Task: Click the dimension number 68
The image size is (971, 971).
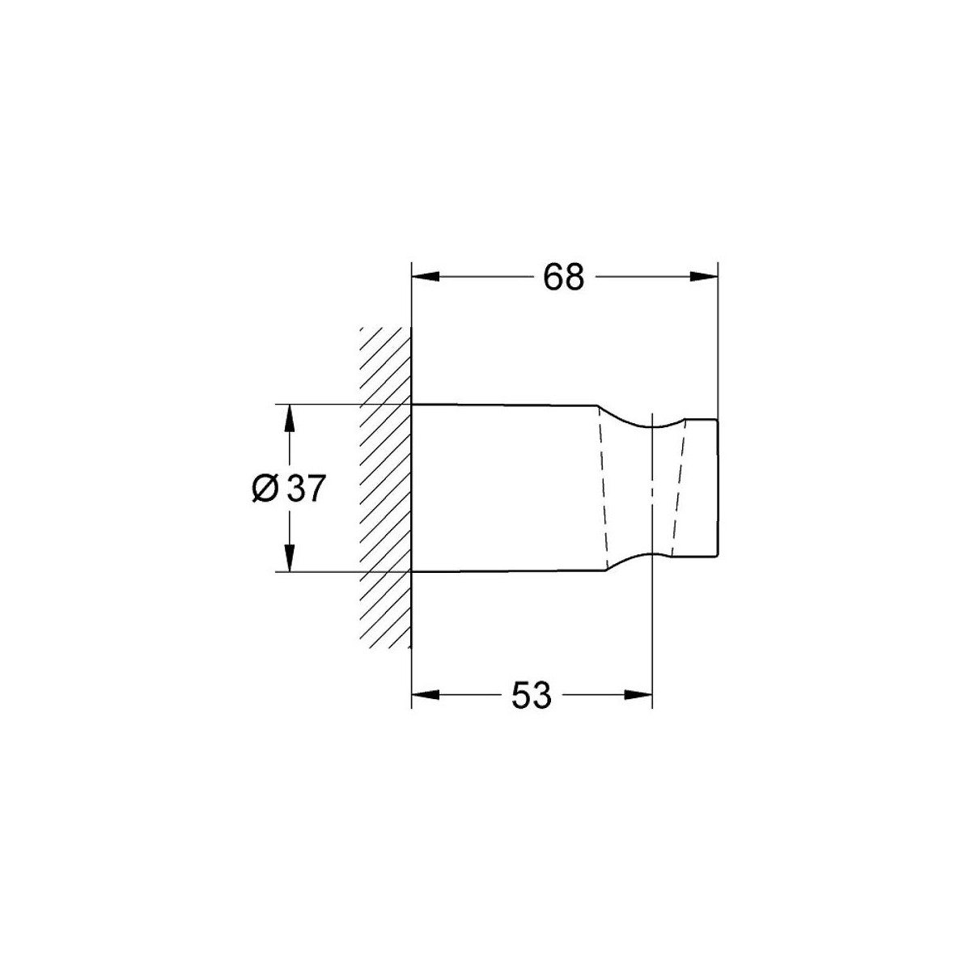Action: coord(563,278)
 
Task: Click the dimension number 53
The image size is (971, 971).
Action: coord(531,695)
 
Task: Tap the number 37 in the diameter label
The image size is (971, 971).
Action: coord(304,488)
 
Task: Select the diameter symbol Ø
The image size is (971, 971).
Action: coord(265,488)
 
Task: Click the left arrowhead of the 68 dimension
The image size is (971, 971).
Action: coord(426,277)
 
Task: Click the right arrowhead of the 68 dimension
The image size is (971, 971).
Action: coord(703,277)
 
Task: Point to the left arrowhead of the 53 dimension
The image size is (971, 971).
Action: coord(426,695)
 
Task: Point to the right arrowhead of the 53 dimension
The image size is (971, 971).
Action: coord(638,695)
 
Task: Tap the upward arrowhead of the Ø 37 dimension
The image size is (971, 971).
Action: coord(289,418)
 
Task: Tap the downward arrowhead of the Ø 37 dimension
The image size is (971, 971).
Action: coord(289,558)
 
